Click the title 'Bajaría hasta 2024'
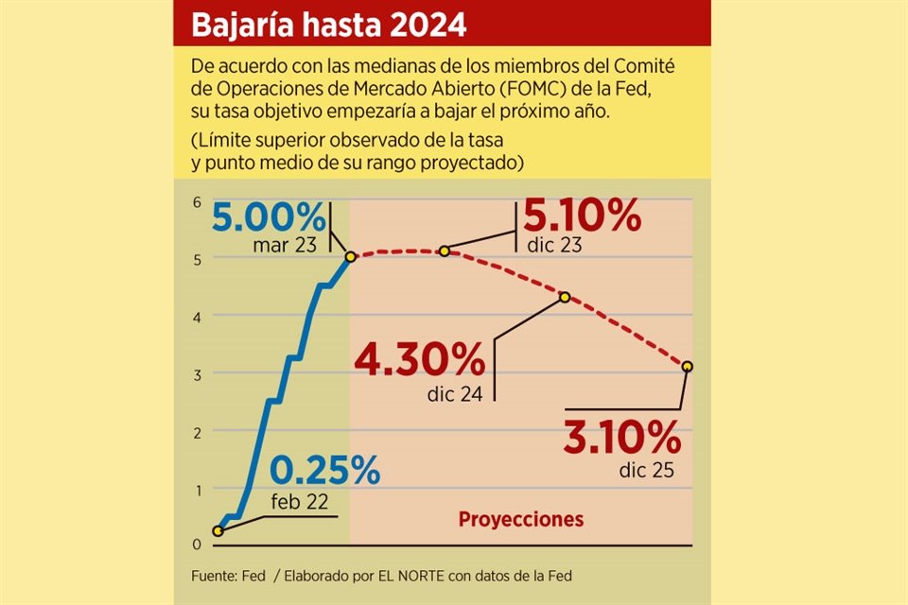(328, 26)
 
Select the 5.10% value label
(583, 218)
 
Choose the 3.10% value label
(621, 437)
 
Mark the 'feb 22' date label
(299, 501)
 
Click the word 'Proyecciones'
(520, 519)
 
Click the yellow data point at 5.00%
(351, 256)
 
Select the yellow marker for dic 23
(444, 251)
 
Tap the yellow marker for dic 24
(565, 297)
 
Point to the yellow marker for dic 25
(687, 366)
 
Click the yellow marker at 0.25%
(218, 531)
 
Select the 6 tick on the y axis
(197, 202)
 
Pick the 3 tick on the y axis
(197, 374)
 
